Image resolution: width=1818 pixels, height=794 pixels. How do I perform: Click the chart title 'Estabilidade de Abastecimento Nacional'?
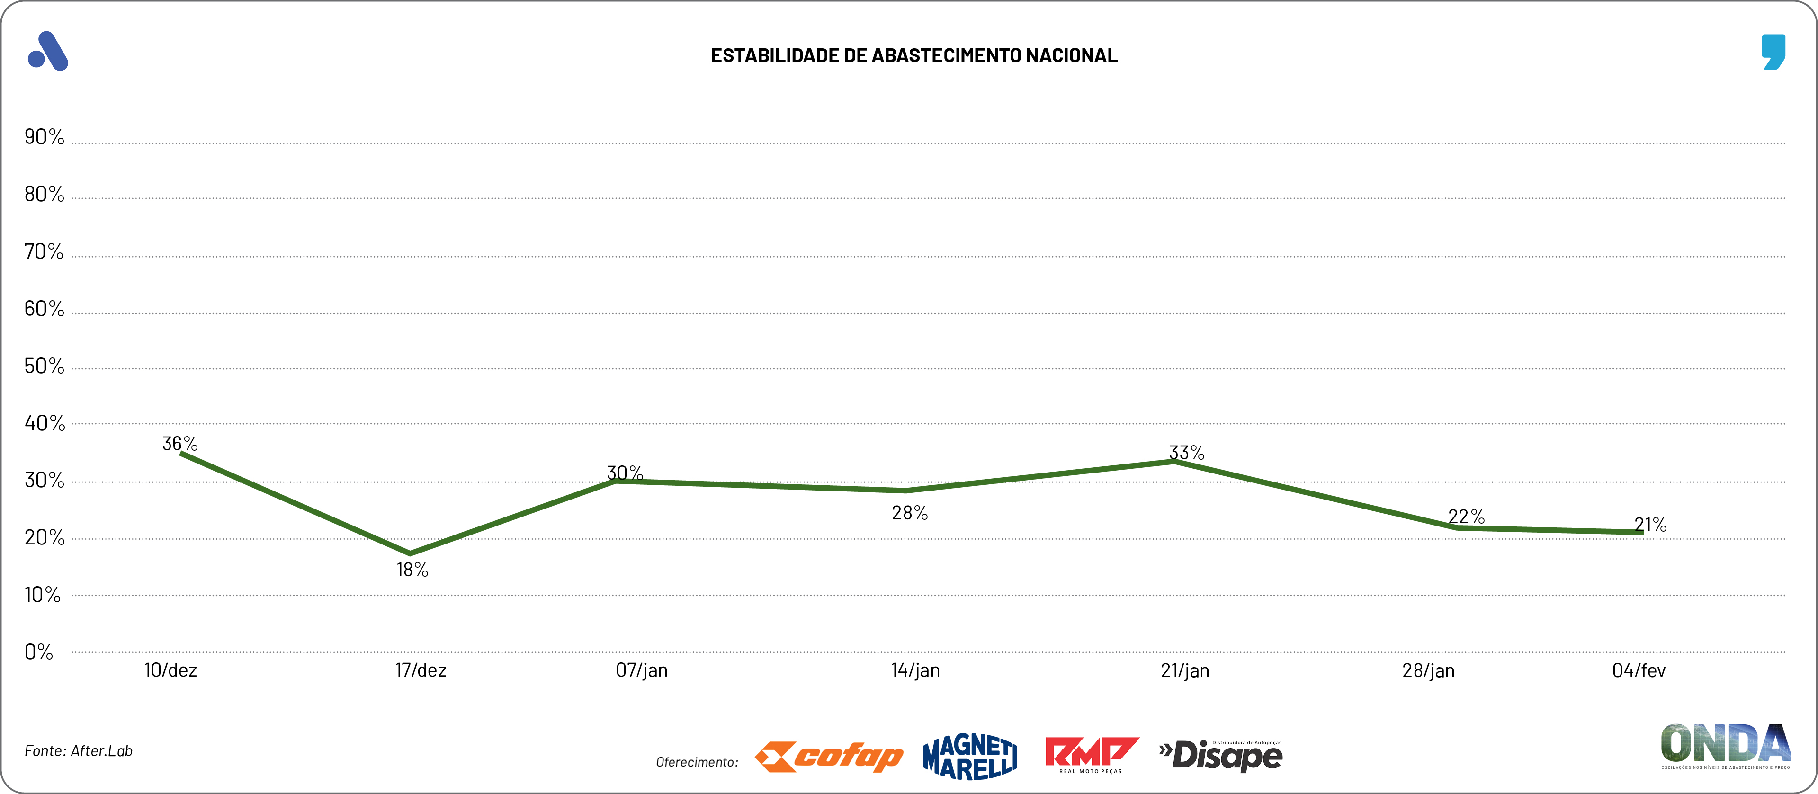[914, 56]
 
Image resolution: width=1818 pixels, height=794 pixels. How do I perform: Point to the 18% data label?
[412, 570]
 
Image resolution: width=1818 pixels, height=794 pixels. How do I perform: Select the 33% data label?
[1186, 453]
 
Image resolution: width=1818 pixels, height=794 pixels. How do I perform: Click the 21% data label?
[1650, 525]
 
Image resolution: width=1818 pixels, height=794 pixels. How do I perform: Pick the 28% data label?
[910, 513]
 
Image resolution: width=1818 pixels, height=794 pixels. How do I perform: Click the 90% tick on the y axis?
[44, 137]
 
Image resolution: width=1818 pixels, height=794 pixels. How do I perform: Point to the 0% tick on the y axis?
[39, 651]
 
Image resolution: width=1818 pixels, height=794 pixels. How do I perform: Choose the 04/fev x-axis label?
[1639, 670]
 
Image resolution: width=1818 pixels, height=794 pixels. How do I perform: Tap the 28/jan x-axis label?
[1428, 670]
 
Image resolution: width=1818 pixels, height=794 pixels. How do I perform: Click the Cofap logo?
[829, 757]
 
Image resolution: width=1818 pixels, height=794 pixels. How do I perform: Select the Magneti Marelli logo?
[970, 757]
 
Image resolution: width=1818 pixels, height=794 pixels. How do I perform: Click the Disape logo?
[1221, 755]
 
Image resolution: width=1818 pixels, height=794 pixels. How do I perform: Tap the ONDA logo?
[1725, 745]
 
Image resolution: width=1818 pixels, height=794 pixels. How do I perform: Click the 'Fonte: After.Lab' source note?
[78, 751]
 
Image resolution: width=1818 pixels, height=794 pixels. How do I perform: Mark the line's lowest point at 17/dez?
[410, 553]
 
